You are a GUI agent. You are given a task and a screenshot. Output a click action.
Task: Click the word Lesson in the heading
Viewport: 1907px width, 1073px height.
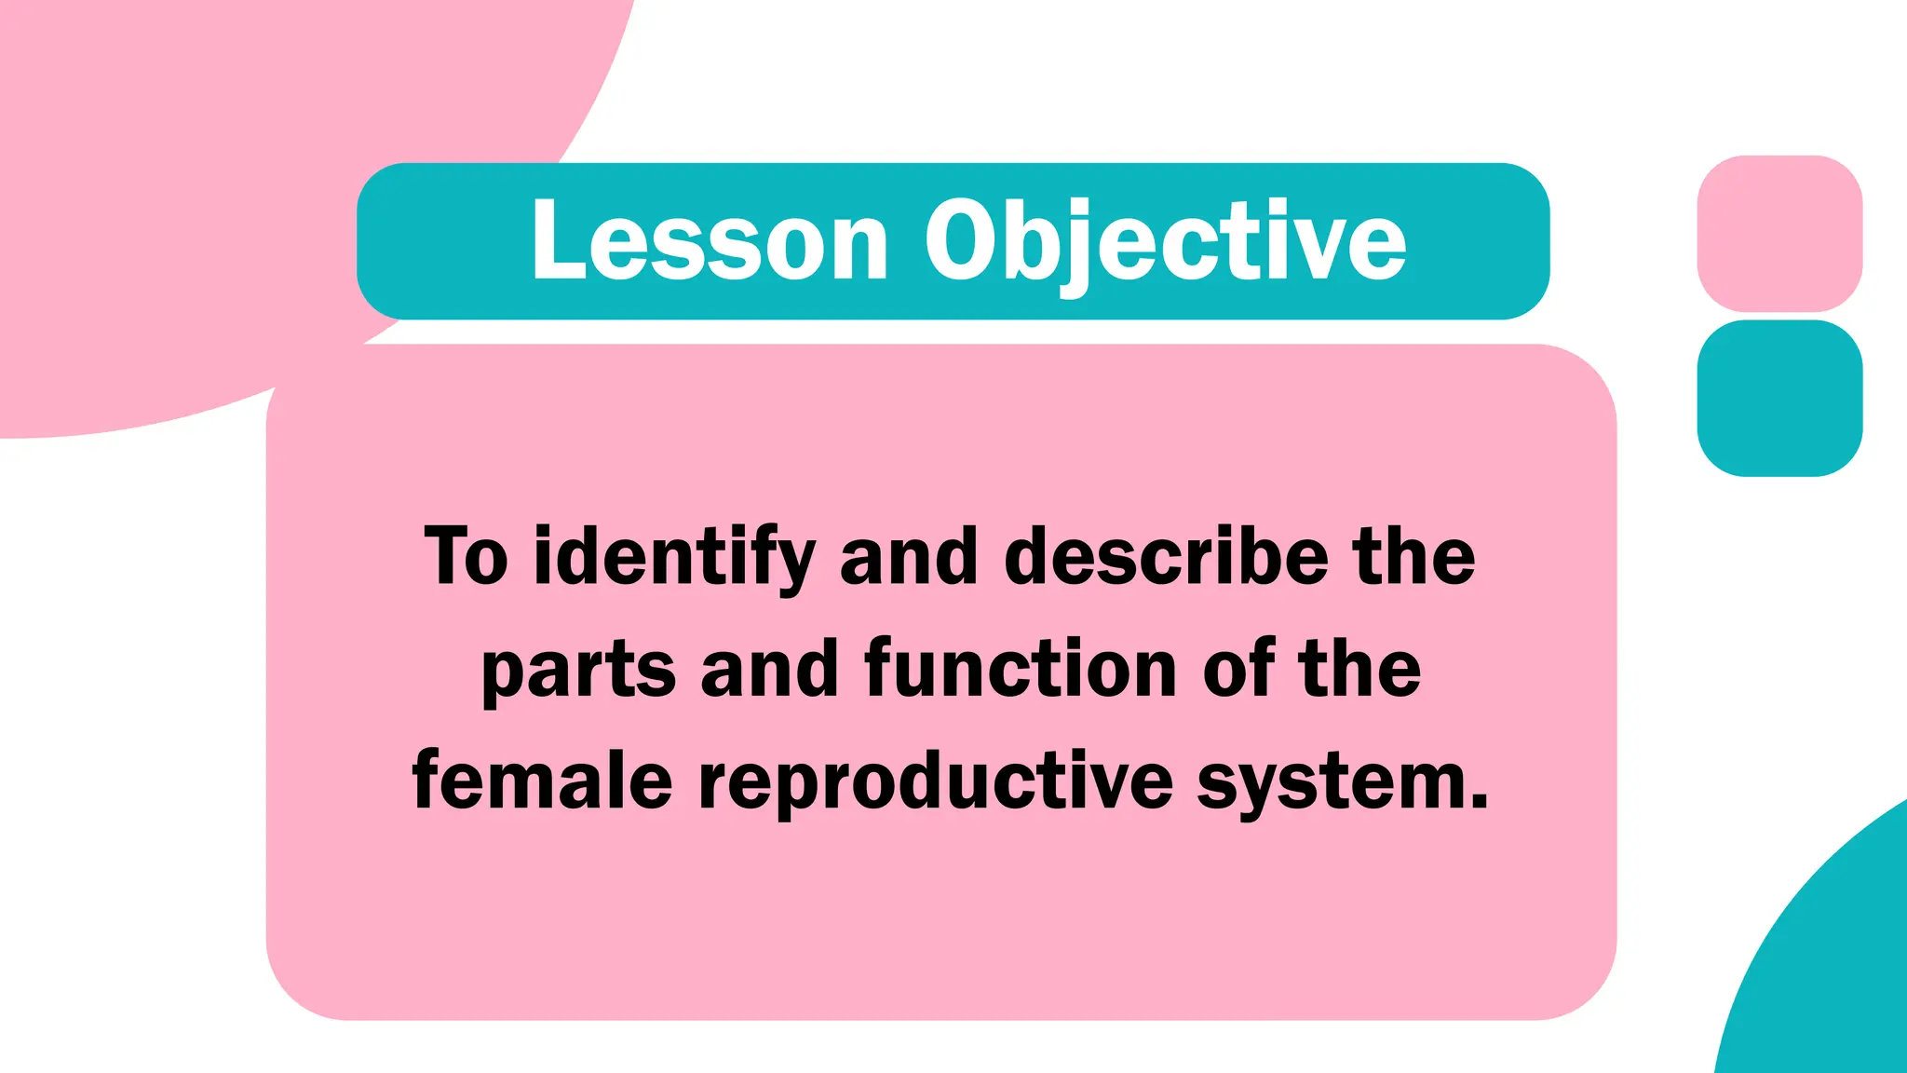tap(710, 241)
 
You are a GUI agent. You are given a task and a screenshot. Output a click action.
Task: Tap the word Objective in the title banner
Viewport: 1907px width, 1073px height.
tap(1164, 241)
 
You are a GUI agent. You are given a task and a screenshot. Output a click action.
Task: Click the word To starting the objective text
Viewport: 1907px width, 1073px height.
tap(467, 556)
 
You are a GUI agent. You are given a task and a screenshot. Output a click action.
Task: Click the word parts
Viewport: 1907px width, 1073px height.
tap(578, 669)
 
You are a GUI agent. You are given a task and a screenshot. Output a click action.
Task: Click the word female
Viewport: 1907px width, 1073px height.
tap(542, 781)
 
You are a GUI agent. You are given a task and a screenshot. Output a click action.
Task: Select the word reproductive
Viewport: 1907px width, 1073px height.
tap(935, 781)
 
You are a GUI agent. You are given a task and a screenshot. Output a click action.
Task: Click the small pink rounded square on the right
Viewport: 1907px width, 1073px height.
tap(1779, 233)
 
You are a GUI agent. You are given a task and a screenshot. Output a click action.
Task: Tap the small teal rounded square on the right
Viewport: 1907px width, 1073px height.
tap(1779, 398)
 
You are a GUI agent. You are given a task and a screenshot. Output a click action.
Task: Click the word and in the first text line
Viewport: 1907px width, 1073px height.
tap(909, 556)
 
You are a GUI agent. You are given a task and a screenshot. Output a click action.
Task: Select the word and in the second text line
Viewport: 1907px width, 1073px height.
tap(770, 669)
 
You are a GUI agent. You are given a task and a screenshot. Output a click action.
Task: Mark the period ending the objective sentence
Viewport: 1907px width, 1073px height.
tap(1480, 802)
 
